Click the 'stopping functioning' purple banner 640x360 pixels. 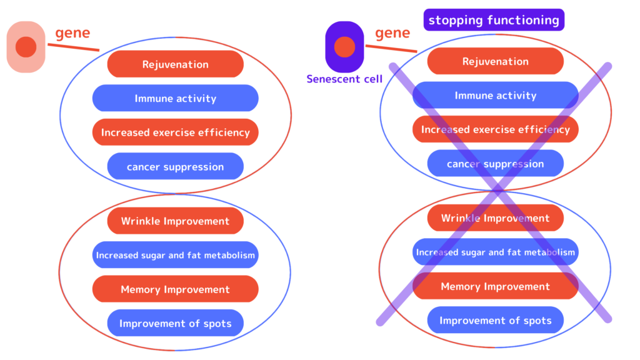tap(494, 20)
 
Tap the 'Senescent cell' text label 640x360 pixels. tap(344, 79)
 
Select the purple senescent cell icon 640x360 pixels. tap(344, 47)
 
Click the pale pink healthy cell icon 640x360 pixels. tap(26, 47)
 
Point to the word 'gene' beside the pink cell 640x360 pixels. tap(72, 32)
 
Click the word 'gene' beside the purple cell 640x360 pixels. tap(392, 32)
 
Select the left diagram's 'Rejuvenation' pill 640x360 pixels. tap(176, 64)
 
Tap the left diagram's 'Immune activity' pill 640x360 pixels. tap(176, 98)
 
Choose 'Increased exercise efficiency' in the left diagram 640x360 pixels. tap(176, 132)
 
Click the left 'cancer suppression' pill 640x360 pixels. tap(176, 166)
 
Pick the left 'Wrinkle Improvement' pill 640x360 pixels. tap(176, 221)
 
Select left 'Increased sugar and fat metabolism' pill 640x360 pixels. tap(176, 255)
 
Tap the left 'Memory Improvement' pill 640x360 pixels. tap(176, 289)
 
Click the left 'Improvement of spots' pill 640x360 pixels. tap(176, 323)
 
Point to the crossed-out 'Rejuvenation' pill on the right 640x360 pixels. tap(496, 61)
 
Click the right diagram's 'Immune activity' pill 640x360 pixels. tap(496, 95)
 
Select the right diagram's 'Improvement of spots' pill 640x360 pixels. tap(496, 321)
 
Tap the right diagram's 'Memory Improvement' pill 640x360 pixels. tap(496, 286)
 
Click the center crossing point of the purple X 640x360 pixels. tap(497, 190)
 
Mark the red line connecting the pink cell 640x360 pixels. tap(74, 47)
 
